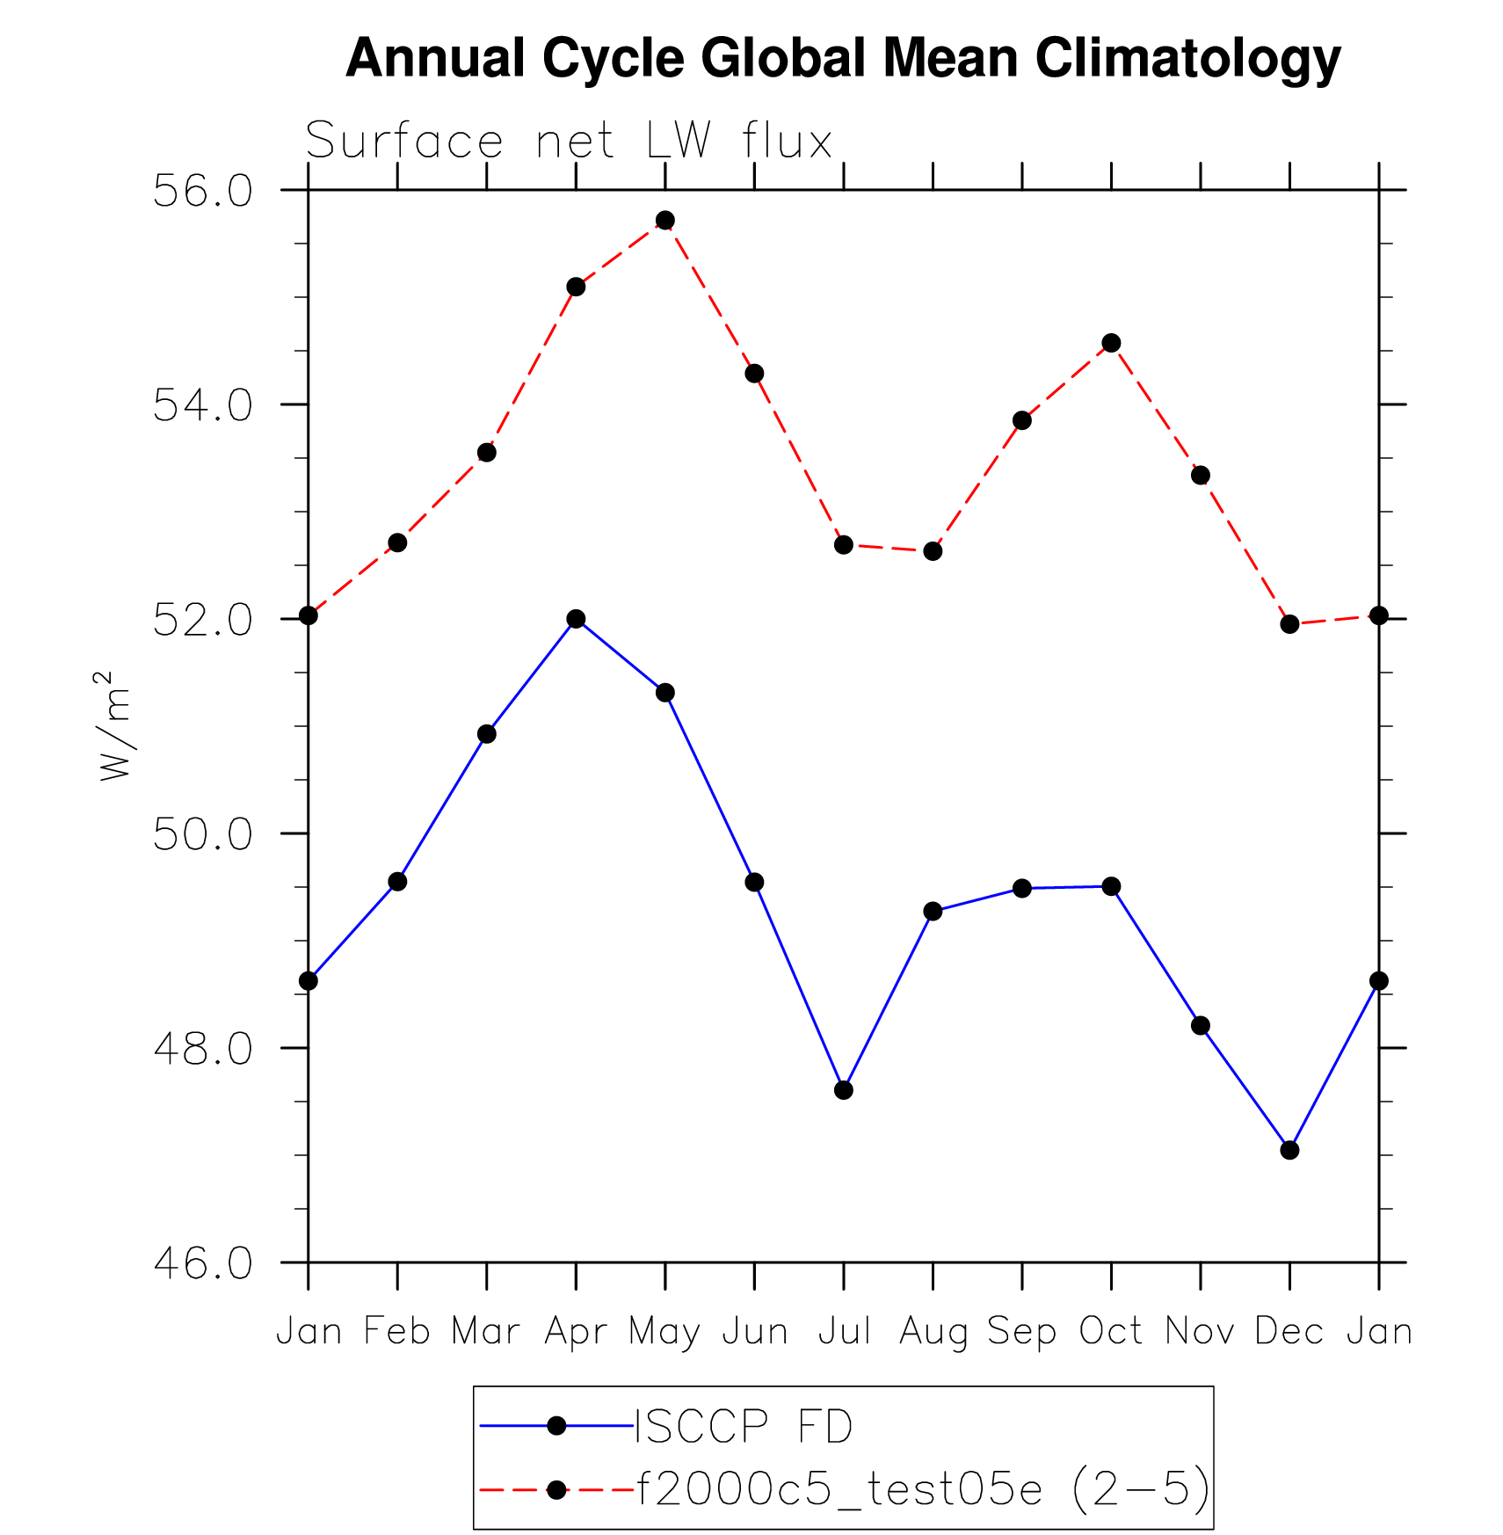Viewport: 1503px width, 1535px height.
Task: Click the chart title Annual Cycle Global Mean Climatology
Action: [843, 58]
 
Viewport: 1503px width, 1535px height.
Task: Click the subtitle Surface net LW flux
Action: [569, 141]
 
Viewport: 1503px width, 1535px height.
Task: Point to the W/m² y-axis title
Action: [115, 726]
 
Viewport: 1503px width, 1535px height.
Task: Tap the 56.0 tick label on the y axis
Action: [202, 191]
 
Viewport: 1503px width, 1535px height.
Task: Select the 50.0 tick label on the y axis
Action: [202, 834]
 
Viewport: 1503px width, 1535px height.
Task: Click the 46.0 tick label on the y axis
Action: [202, 1263]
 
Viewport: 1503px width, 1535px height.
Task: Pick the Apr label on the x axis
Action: [576, 1332]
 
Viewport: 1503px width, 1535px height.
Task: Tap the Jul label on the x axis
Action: [844, 1332]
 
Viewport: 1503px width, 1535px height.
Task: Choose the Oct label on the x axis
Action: [1111, 1332]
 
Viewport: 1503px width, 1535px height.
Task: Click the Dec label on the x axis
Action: [1289, 1332]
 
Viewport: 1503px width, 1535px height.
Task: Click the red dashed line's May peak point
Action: [665, 220]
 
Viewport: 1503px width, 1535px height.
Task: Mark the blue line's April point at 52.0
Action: [576, 619]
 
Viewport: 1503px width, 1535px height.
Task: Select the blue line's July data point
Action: [844, 1090]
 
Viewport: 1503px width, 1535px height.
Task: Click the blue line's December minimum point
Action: [1289, 1150]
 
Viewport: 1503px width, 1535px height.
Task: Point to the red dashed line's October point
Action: [1111, 343]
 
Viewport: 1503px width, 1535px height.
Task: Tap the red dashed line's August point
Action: [933, 551]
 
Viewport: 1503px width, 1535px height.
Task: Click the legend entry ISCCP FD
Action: [743, 1426]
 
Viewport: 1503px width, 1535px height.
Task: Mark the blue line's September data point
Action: [1021, 889]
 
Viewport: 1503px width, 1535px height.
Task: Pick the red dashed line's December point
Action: [1289, 624]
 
